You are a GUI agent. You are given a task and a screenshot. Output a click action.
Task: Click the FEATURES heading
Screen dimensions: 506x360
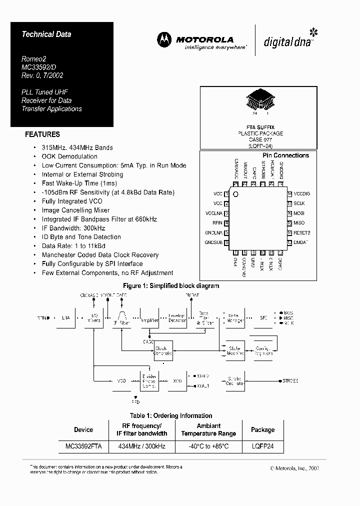coord(42,134)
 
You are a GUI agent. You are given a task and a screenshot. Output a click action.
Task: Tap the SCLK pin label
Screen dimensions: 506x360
coord(299,203)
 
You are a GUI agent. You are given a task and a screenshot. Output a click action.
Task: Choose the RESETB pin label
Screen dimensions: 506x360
coord(302,233)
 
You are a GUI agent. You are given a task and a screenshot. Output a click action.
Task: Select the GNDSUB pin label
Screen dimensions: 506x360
coord(213,242)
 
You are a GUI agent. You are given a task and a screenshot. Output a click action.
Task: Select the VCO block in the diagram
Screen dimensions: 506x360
coord(121,381)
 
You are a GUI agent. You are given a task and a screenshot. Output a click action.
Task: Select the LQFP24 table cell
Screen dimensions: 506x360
coord(262,445)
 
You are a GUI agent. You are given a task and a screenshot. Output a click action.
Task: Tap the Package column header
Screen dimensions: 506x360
coord(262,429)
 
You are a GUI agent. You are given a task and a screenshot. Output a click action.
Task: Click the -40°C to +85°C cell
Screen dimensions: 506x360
coord(208,445)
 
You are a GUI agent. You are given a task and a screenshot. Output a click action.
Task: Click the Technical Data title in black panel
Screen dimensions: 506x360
coord(46,34)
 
